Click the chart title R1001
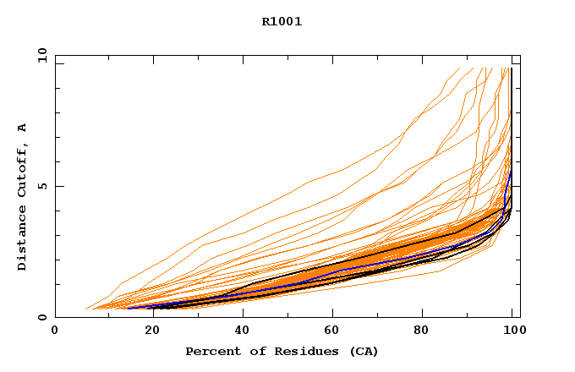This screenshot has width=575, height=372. (x=282, y=22)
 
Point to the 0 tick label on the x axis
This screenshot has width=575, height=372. (x=55, y=332)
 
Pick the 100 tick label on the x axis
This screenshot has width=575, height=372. (x=512, y=332)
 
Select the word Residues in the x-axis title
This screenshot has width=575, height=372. (x=305, y=351)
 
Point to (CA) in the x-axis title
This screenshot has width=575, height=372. (x=364, y=351)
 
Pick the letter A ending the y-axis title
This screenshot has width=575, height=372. (x=22, y=128)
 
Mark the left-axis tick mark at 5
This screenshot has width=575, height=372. (x=57, y=186)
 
